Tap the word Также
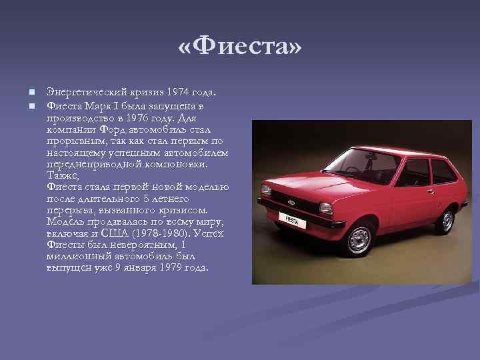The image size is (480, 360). pos(63,175)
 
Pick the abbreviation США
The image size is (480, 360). pos(121,233)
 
